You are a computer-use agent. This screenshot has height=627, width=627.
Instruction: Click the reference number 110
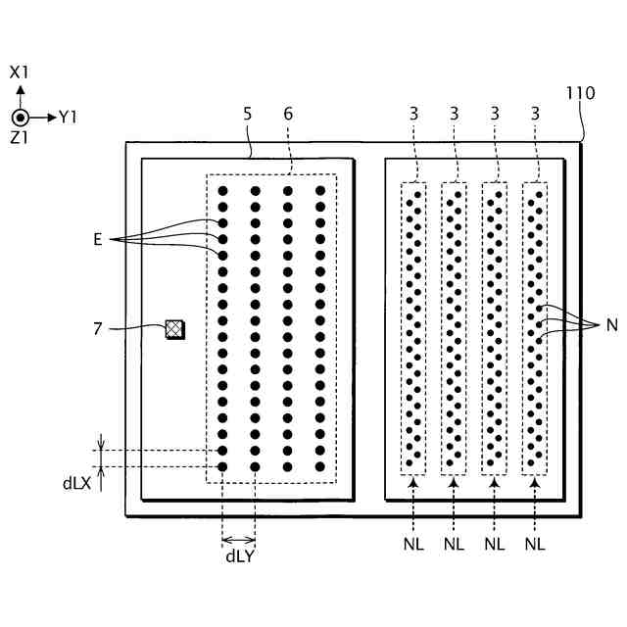pyautogui.click(x=580, y=95)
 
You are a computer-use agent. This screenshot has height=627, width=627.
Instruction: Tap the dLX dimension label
pyautogui.click(x=76, y=483)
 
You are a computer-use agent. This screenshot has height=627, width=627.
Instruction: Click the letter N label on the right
pyautogui.click(x=611, y=326)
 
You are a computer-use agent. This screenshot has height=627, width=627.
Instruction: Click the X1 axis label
pyautogui.click(x=20, y=72)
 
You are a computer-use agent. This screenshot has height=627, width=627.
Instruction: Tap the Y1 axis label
pyautogui.click(x=68, y=118)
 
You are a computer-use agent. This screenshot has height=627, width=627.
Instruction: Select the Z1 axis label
pyautogui.click(x=20, y=138)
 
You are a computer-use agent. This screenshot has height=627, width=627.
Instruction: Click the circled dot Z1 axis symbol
pyautogui.click(x=20, y=117)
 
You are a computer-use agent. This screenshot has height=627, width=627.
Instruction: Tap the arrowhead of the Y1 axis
pyautogui.click(x=51, y=117)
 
